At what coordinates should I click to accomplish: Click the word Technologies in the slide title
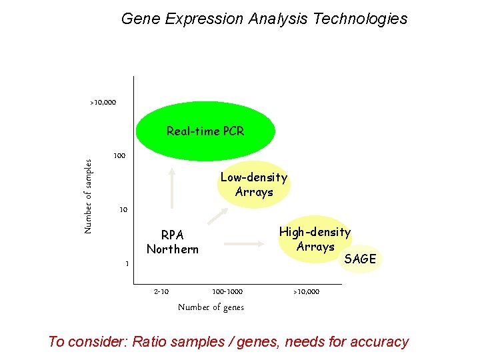(x=359, y=19)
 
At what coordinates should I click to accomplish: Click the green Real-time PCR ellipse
(x=205, y=131)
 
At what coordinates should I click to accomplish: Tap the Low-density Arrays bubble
(x=253, y=185)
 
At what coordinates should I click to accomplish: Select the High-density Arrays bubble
(x=315, y=239)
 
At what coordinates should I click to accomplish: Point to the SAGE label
(x=361, y=259)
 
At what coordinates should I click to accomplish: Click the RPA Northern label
(x=172, y=242)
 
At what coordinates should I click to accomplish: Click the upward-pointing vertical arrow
(x=172, y=186)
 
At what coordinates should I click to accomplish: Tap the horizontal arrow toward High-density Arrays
(x=247, y=244)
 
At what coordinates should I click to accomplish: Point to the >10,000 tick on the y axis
(x=103, y=103)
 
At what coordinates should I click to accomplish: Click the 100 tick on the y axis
(x=119, y=156)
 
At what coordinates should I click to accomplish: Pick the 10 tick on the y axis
(x=123, y=210)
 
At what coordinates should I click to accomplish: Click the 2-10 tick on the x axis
(x=161, y=292)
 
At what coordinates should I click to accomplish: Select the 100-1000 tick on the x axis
(x=227, y=292)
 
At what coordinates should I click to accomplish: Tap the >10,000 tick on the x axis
(x=306, y=292)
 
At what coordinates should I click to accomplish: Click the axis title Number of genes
(x=211, y=307)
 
